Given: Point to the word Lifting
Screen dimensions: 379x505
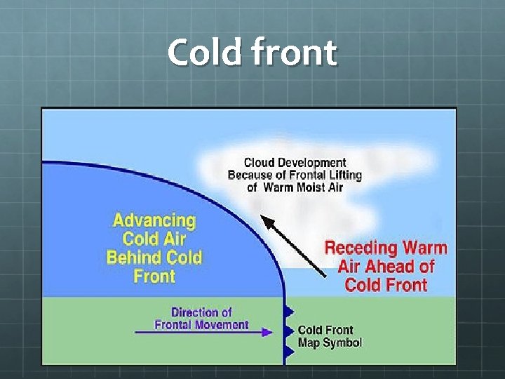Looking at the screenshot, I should pos(343,175).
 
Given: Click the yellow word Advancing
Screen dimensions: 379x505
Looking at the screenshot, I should pos(154,220).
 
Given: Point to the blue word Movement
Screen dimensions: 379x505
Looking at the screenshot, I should pos(222,324).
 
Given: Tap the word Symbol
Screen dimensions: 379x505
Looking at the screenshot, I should pos(342,343).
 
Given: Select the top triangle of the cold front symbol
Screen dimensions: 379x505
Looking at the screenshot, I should pos(288,310).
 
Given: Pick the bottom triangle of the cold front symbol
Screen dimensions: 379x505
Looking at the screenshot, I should pos(288,350).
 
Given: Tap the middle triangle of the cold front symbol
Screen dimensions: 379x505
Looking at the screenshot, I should pos(288,329).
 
